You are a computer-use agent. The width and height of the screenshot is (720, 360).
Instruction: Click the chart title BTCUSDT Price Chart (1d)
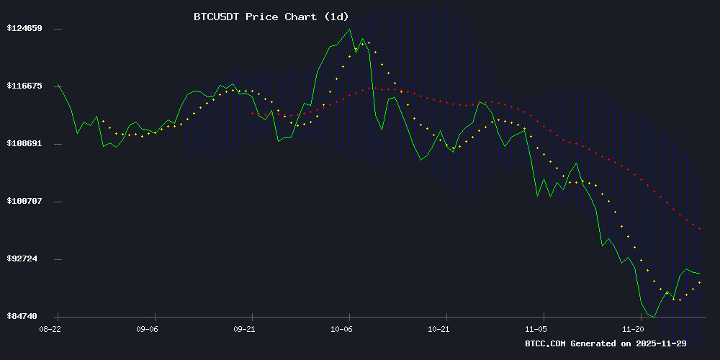(266, 17)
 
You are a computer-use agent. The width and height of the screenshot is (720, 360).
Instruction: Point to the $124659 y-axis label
(24, 29)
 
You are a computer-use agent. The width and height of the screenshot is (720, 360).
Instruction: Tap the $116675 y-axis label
(24, 86)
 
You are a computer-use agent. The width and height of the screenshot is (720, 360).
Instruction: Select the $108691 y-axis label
(24, 143)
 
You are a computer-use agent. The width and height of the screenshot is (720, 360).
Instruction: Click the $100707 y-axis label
(24, 201)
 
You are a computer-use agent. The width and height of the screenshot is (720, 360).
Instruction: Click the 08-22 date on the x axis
(50, 328)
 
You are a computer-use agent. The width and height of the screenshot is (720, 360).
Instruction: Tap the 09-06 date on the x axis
(147, 328)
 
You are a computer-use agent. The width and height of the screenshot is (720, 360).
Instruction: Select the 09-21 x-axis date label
(245, 328)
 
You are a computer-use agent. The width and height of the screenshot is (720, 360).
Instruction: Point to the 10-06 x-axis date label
(342, 328)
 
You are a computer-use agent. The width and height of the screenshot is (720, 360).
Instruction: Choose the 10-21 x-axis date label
(439, 328)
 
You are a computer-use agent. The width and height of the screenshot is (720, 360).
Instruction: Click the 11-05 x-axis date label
(536, 328)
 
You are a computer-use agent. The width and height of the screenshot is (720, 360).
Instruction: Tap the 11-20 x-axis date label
(634, 328)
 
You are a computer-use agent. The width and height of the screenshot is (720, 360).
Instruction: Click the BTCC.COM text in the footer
(545, 344)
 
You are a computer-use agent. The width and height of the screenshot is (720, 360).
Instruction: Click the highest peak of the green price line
(350, 30)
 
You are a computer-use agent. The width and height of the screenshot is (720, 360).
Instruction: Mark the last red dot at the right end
(699, 229)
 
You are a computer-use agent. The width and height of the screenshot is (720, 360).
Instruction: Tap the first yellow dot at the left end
(103, 121)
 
